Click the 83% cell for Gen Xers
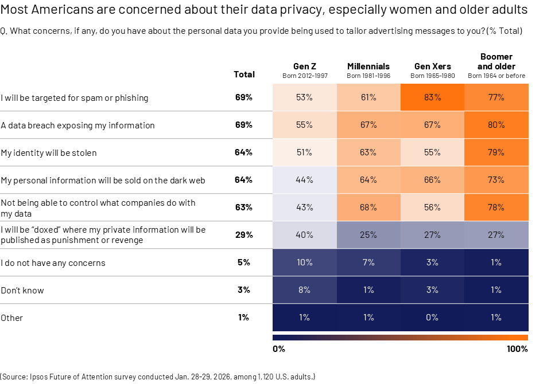(x=432, y=97)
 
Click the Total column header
(x=244, y=75)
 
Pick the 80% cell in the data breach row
(x=496, y=125)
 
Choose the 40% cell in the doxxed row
(x=304, y=234)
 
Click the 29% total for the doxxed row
(x=243, y=234)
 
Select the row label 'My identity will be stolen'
(x=49, y=153)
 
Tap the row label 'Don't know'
(x=22, y=291)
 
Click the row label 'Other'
(x=12, y=318)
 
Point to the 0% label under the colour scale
(x=279, y=348)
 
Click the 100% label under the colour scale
(x=517, y=348)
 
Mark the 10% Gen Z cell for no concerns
(x=304, y=262)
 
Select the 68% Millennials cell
(x=368, y=207)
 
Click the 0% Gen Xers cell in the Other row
(x=432, y=318)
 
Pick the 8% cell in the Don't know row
(x=304, y=290)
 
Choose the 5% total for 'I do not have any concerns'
(x=243, y=262)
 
